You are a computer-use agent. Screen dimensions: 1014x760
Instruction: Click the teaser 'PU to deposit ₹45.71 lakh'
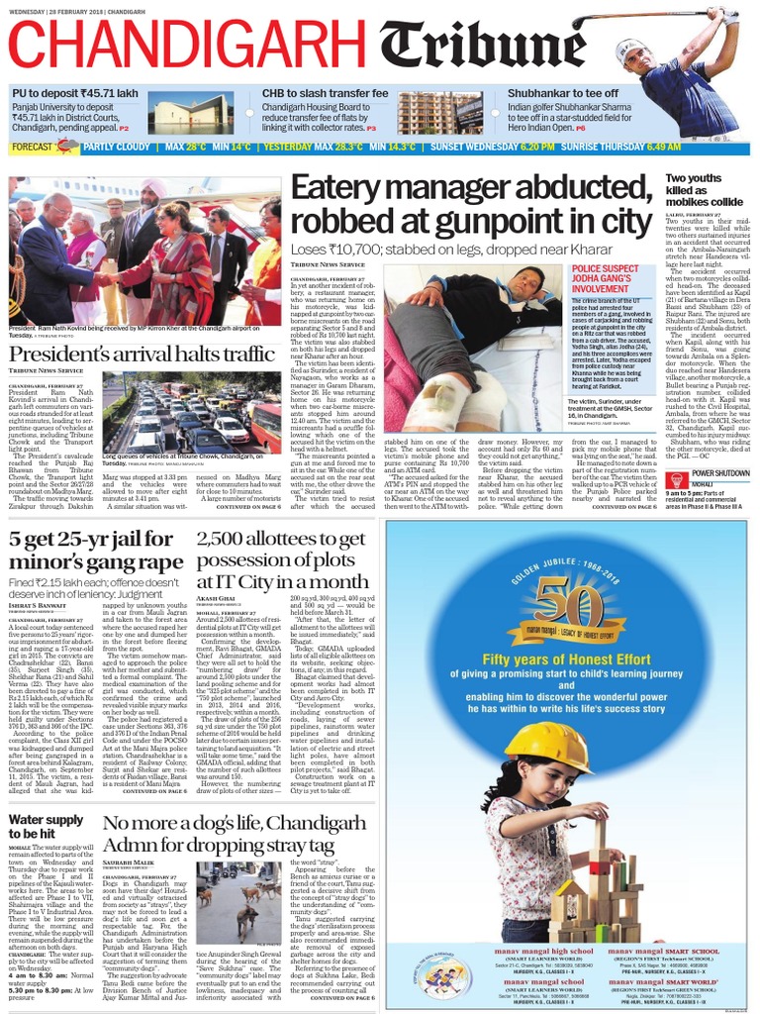point(74,94)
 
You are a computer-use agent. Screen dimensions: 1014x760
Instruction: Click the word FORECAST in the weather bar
point(32,147)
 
